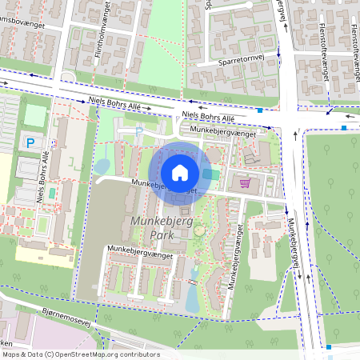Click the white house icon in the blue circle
point(179,173)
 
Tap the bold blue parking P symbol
point(30,143)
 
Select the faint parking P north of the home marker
point(138,130)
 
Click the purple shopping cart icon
point(245,183)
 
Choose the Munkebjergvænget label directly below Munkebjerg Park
point(139,250)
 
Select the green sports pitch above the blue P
point(34,115)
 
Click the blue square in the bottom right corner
point(329,346)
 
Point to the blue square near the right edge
point(344,127)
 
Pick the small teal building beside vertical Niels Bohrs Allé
point(53,192)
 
